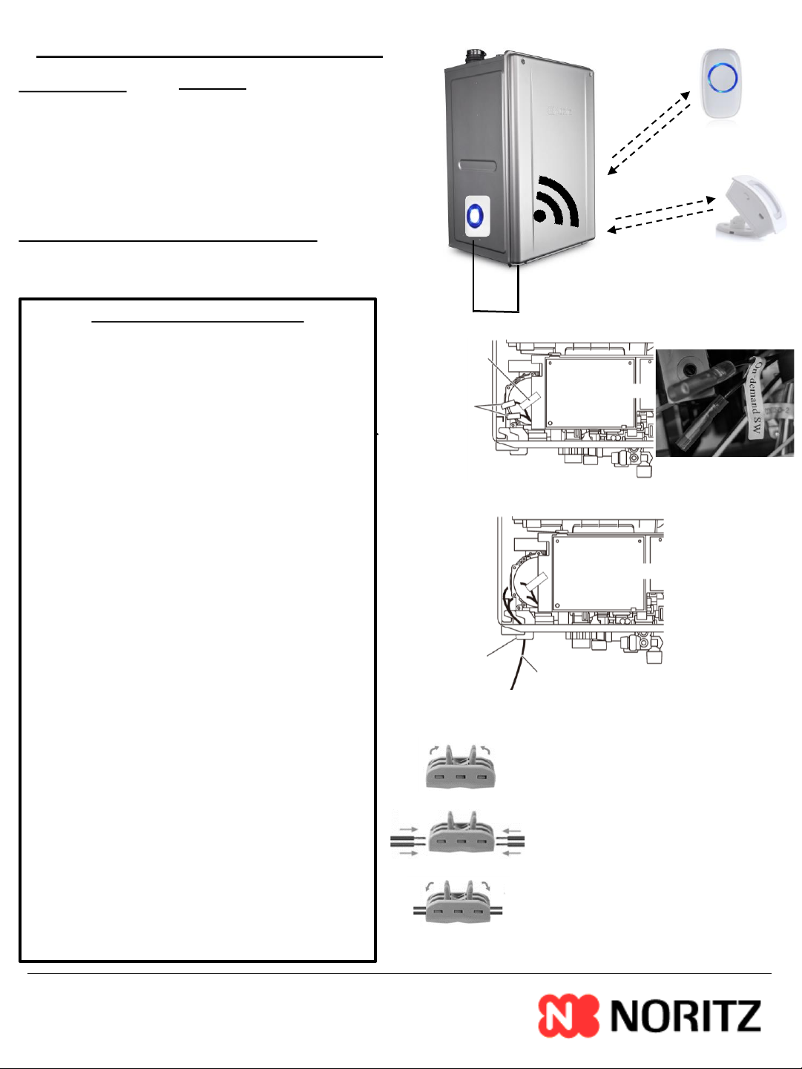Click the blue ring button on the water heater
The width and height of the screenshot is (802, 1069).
(476, 216)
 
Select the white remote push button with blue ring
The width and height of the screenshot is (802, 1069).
(721, 84)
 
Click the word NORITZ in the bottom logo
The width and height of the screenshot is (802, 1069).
(685, 1016)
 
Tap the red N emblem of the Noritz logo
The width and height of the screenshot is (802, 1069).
(568, 1016)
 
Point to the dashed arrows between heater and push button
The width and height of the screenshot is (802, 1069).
(649, 133)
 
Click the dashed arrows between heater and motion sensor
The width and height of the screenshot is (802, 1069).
(661, 215)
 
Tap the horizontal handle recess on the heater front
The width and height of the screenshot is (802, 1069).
(479, 165)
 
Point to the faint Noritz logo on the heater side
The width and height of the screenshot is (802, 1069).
(560, 111)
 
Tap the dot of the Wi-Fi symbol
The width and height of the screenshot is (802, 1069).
(539, 216)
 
